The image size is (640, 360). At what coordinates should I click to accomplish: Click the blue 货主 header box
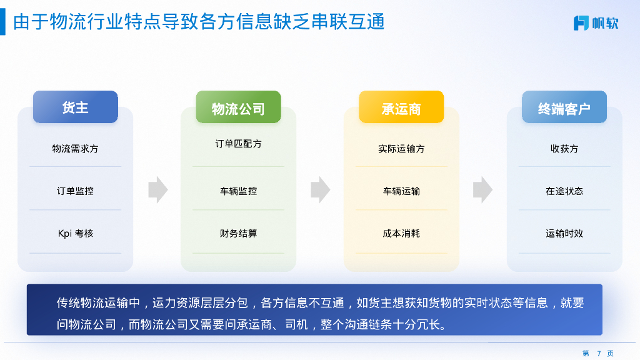point(76,107)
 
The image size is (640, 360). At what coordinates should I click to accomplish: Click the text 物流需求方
point(75,149)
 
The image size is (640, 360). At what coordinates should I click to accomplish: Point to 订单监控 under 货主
point(75,191)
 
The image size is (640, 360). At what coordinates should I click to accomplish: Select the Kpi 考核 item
point(75,233)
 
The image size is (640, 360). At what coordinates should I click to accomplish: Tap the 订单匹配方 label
point(238,144)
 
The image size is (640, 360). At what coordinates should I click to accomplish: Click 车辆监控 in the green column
point(238,191)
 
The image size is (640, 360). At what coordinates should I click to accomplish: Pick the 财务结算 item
point(238,233)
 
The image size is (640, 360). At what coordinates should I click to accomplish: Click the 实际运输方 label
point(401,149)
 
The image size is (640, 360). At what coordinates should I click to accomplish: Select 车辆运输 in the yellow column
point(401,191)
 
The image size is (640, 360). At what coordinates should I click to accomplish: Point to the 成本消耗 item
point(401,233)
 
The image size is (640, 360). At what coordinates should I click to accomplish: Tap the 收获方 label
point(564,149)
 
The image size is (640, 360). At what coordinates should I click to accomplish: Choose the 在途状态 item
point(564,191)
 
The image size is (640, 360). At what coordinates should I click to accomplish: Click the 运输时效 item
point(564,233)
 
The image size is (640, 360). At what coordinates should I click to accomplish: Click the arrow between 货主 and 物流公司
point(157,190)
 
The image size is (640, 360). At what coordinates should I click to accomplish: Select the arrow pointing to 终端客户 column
point(482,190)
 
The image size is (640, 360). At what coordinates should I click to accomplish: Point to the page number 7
point(598,354)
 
